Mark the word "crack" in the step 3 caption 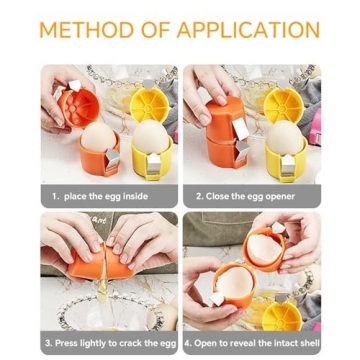tap(125, 344)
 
